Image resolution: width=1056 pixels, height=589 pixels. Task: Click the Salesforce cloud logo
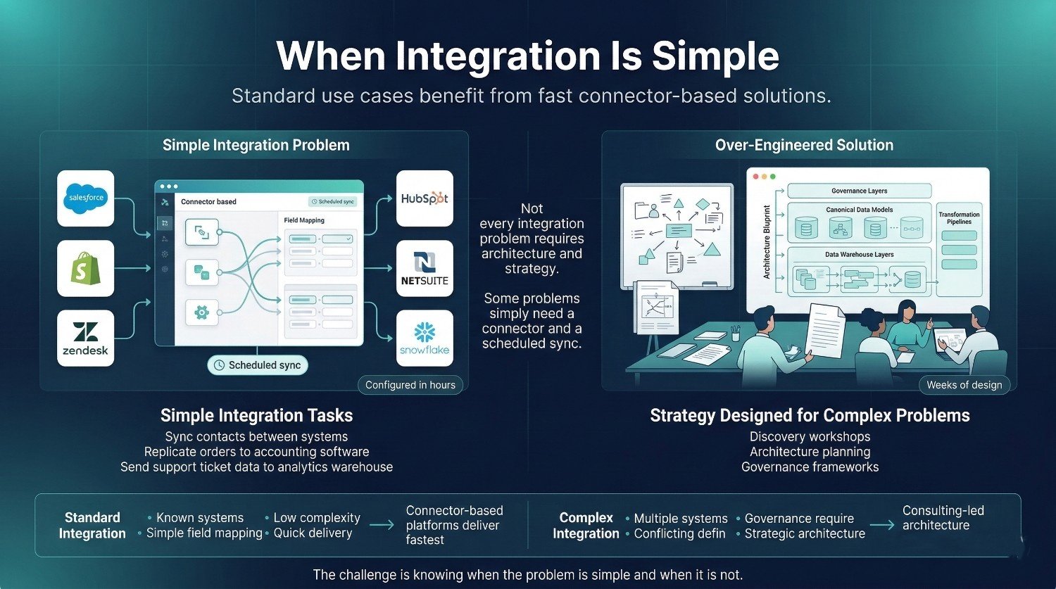[x=86, y=198]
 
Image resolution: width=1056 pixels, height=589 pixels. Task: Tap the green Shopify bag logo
[x=86, y=268]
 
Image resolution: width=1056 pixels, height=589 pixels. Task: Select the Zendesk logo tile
[x=86, y=338]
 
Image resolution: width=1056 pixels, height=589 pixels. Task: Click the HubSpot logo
[x=425, y=198]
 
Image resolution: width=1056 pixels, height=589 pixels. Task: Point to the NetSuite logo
[x=425, y=268]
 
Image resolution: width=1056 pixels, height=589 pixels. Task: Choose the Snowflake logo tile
[x=425, y=338]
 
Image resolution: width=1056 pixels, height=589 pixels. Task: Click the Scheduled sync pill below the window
[x=258, y=365]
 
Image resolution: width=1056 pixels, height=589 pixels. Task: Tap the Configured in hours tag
[x=410, y=385]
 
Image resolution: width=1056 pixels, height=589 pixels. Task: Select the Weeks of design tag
[x=964, y=385]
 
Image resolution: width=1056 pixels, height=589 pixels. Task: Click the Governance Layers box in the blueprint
[x=859, y=191]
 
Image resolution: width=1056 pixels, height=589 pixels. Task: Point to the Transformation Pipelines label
[x=959, y=218]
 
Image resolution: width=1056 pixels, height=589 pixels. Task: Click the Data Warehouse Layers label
[x=859, y=255]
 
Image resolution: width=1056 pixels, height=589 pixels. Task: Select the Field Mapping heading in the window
[x=304, y=220]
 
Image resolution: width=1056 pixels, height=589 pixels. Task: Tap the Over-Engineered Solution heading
[x=804, y=145]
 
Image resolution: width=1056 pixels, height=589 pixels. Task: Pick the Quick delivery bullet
[x=313, y=533]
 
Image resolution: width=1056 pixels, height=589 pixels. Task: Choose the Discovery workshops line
[x=810, y=436]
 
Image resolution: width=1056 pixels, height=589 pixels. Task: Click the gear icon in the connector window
[x=202, y=311]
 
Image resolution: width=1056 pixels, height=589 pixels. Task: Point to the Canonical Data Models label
[x=859, y=210]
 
